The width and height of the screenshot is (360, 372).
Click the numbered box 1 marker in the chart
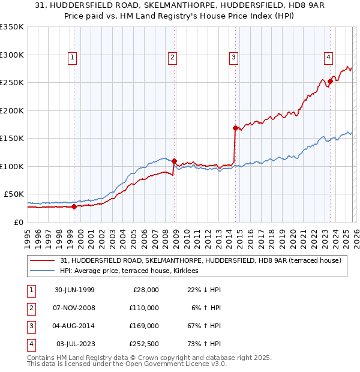pyautogui.click(x=72, y=58)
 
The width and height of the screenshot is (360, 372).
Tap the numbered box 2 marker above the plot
pyautogui.click(x=172, y=58)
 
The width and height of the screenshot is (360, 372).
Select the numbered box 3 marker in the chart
pyautogui.click(x=233, y=58)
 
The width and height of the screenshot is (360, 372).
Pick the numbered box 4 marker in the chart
pyautogui.click(x=329, y=58)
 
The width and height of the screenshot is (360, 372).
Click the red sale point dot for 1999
pyautogui.click(x=74, y=207)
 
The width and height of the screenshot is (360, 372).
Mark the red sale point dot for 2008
pyautogui.click(x=174, y=161)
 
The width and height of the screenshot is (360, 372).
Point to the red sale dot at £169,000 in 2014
pyautogui.click(x=235, y=128)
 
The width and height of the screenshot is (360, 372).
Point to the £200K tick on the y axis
pyautogui.click(x=12, y=110)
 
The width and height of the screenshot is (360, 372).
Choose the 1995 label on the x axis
pyautogui.click(x=28, y=236)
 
